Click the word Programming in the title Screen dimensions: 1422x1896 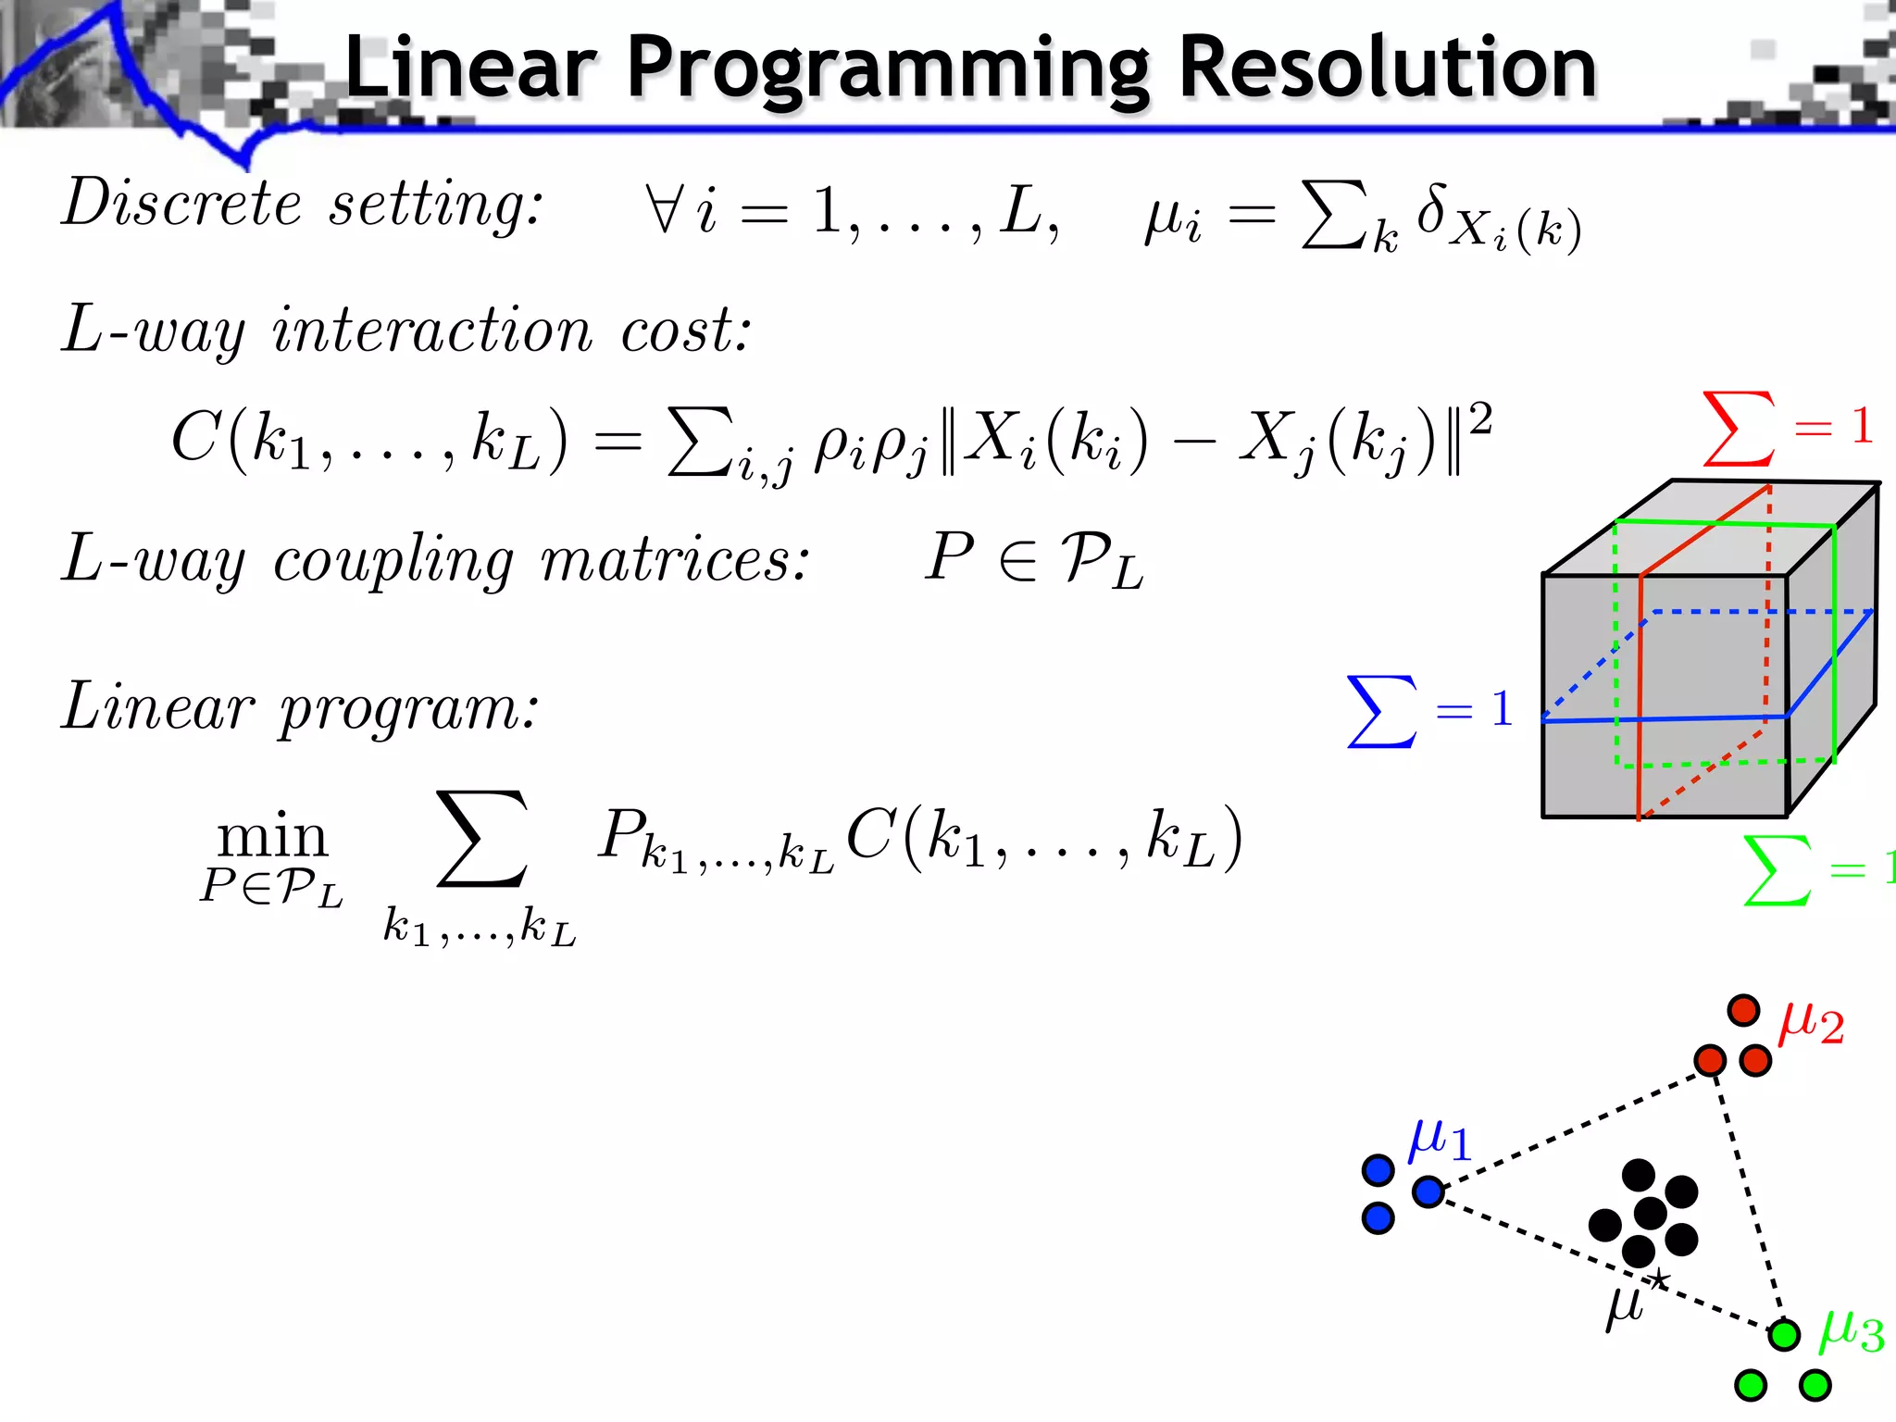(887, 69)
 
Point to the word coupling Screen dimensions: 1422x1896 (393, 560)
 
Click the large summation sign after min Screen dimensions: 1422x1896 (481, 838)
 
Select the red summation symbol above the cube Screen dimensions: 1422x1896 (1740, 428)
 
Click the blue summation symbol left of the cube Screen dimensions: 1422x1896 (1381, 711)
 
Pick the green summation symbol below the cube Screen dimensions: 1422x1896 (1777, 870)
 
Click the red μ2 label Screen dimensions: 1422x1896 (1811, 1023)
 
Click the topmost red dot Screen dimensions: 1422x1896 (1743, 1009)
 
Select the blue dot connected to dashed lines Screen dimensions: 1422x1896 (1428, 1191)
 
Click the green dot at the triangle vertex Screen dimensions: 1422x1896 (1783, 1334)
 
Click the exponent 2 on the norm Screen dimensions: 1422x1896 (1480, 418)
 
